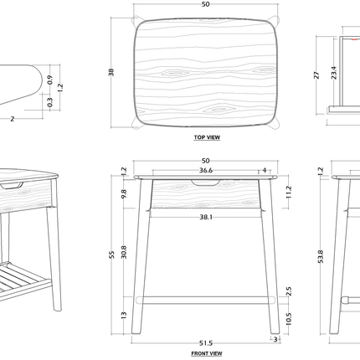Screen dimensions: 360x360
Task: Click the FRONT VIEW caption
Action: pos(206,353)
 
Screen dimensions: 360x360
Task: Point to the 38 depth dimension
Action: pos(111,73)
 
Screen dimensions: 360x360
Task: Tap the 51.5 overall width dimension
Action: pos(205,342)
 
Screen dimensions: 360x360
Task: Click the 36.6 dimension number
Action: pos(205,170)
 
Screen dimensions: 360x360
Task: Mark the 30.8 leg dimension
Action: pos(124,250)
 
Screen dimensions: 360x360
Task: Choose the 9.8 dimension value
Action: pos(124,193)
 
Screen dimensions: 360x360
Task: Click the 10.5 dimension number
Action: pos(288,318)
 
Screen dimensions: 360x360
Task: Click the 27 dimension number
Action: pos(316,74)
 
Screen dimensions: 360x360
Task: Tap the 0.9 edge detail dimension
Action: pos(50,80)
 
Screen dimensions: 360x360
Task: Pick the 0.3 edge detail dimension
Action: pos(50,102)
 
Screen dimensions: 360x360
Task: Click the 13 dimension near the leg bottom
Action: pos(124,315)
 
